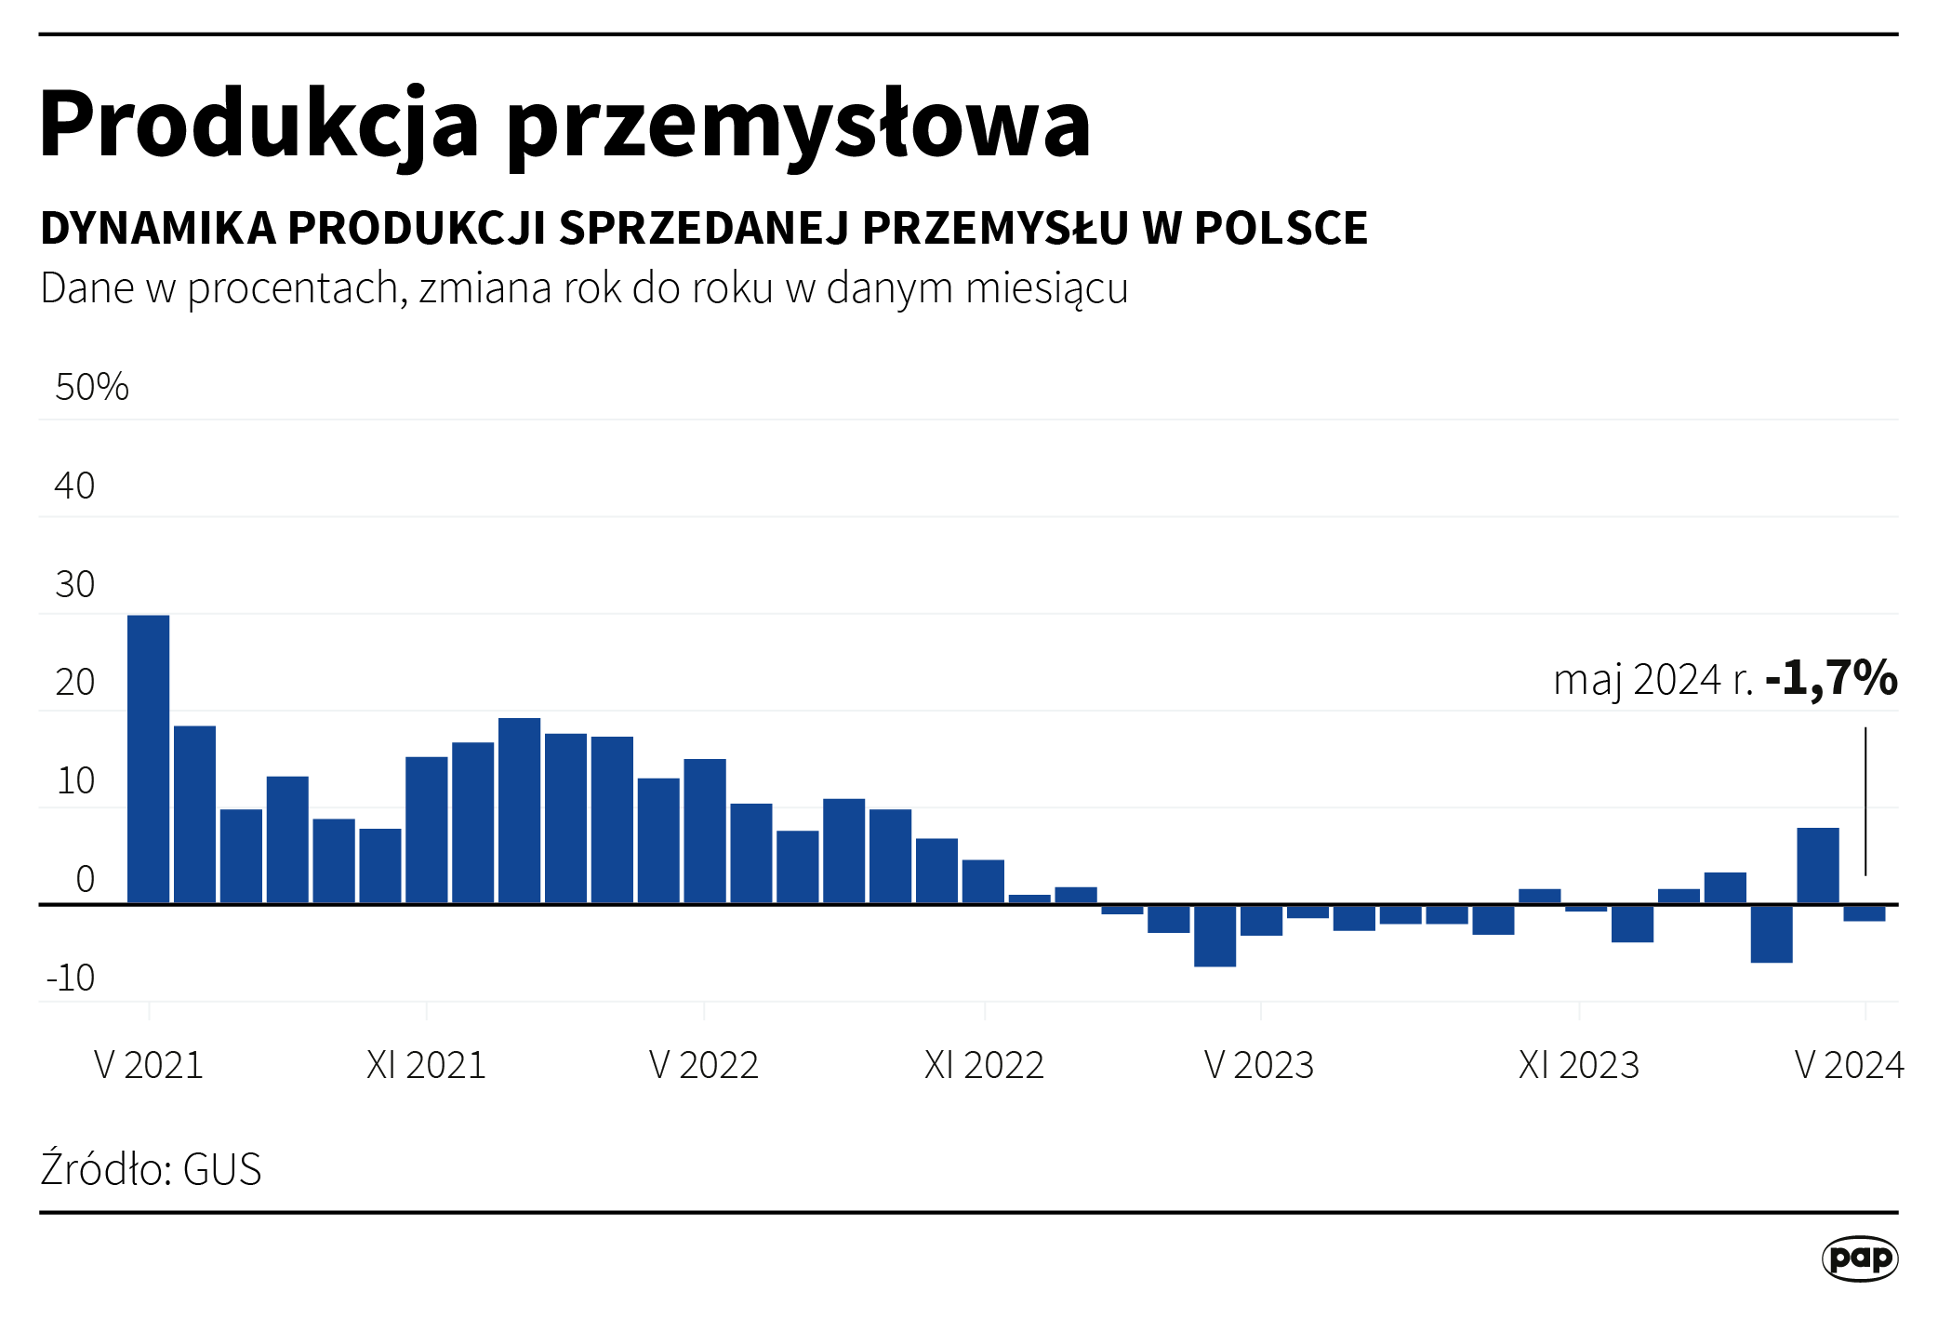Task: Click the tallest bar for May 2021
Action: click(x=148, y=759)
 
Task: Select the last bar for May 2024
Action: click(x=1865, y=913)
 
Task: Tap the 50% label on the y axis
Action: click(x=91, y=387)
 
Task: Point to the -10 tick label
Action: click(x=71, y=978)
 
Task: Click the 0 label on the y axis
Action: click(x=85, y=879)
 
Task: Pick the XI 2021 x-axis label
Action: click(x=426, y=1065)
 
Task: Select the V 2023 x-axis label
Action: click(x=1258, y=1065)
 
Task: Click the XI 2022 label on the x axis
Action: click(x=984, y=1065)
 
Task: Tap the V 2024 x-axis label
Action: click(x=1849, y=1065)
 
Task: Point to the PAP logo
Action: click(x=1859, y=1258)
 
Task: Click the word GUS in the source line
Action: click(x=222, y=1169)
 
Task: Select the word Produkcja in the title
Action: click(x=259, y=125)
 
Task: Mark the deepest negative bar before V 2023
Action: click(x=1215, y=936)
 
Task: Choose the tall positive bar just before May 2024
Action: click(x=1817, y=865)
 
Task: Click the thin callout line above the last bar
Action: click(x=1865, y=800)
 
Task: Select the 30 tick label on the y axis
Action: click(x=74, y=584)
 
